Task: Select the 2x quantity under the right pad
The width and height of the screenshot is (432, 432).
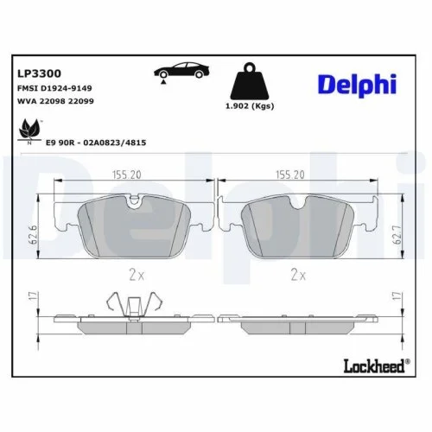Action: click(298, 275)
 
